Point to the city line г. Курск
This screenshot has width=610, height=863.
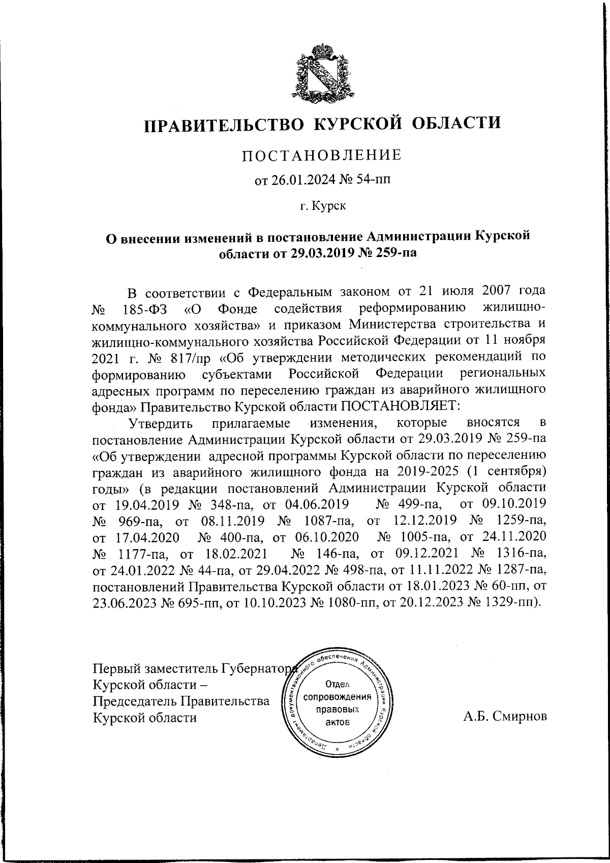(322, 206)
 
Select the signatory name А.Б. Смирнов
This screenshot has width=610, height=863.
(505, 717)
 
